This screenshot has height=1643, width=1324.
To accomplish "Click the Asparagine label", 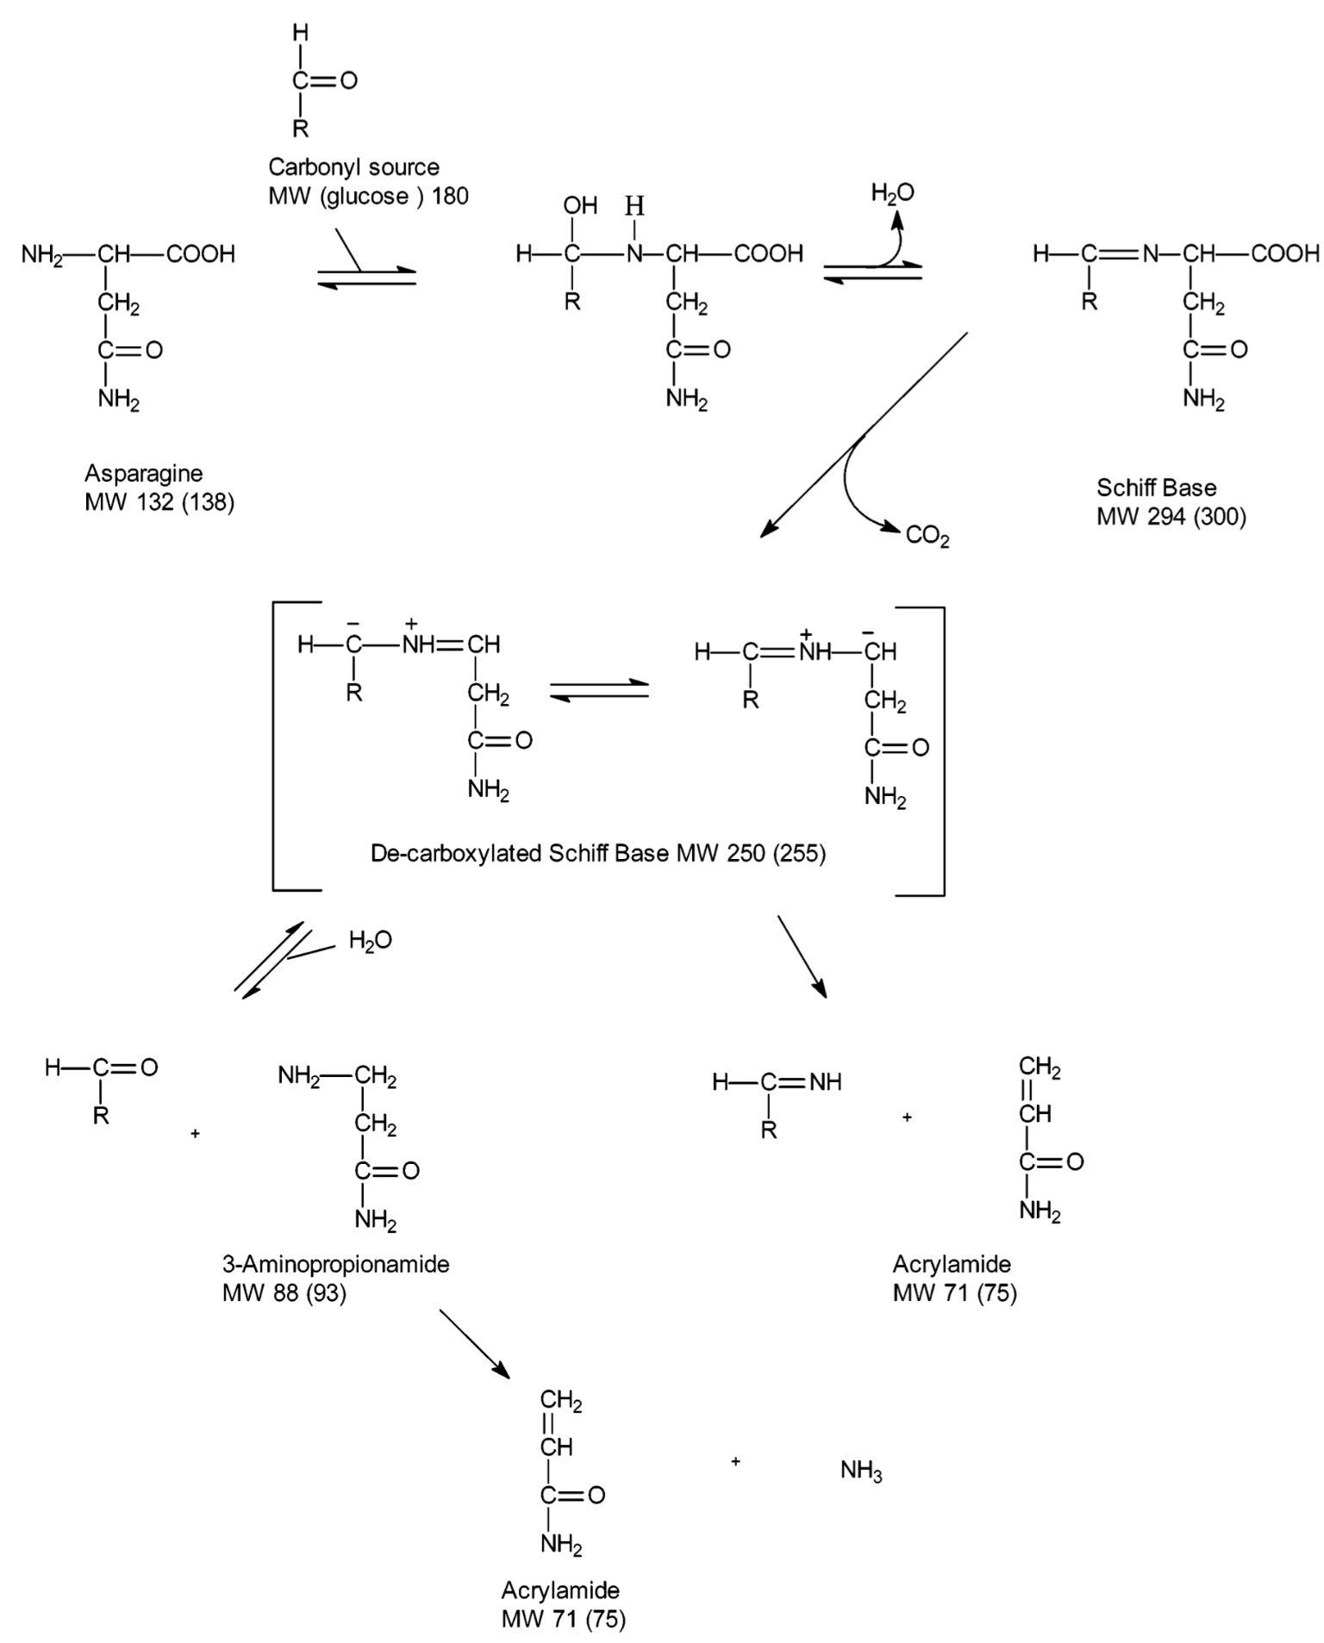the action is [143, 473].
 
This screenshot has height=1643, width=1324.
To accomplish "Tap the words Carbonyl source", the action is [353, 166].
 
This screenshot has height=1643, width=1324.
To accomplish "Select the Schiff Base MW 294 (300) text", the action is [1171, 501].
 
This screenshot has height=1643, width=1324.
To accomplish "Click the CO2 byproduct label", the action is [927, 537].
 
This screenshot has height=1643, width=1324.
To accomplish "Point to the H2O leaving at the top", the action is [892, 194].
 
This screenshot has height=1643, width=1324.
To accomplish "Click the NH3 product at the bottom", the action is [861, 1471].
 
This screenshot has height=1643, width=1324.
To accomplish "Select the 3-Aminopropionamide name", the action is [336, 1264].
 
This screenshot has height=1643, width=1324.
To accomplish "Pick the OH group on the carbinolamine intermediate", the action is [580, 205].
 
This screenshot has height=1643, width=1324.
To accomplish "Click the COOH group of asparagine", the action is [201, 254].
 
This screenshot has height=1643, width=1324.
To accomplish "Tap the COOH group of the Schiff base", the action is [1285, 253].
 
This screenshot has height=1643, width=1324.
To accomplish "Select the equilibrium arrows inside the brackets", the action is [599, 690].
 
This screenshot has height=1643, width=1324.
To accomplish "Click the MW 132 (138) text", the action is [159, 502].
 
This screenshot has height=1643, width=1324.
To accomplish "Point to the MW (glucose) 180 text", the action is [369, 196].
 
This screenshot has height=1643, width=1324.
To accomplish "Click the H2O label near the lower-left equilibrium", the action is [371, 941].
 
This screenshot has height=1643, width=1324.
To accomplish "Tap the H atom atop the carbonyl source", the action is [300, 33].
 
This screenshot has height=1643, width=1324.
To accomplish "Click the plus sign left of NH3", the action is [735, 1461].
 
